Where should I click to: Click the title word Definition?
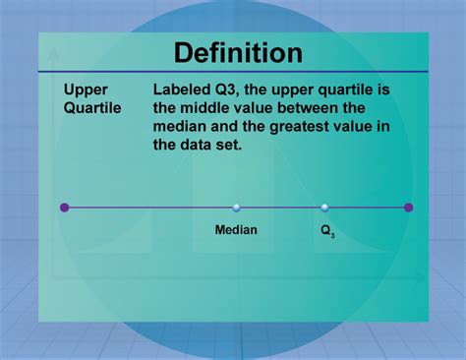pyautogui.click(x=238, y=52)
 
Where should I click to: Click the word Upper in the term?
pyautogui.click(x=86, y=90)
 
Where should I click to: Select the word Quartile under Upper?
pyautogui.click(x=93, y=108)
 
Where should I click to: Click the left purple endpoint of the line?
pyautogui.click(x=65, y=208)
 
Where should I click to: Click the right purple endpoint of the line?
pyautogui.click(x=408, y=208)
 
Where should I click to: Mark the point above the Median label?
pyautogui.click(x=236, y=208)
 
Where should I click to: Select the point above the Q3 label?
pyautogui.click(x=325, y=208)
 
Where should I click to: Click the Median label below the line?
pyautogui.click(x=236, y=230)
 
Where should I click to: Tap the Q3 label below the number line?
pyautogui.click(x=326, y=231)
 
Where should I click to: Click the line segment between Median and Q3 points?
pyautogui.click(x=280, y=208)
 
